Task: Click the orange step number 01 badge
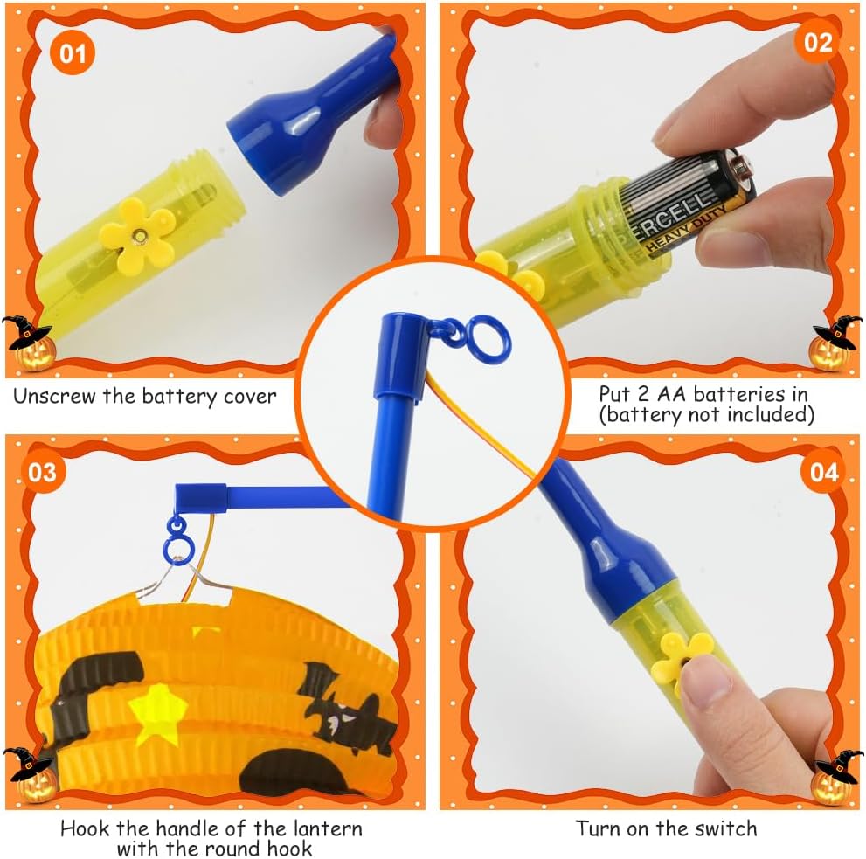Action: click(73, 53)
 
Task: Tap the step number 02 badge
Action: click(818, 42)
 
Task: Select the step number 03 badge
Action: click(43, 472)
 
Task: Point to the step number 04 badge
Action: click(824, 472)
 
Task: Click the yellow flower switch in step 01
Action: click(137, 236)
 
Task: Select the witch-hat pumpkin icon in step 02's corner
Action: click(835, 343)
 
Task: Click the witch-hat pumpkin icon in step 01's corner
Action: click(29, 343)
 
